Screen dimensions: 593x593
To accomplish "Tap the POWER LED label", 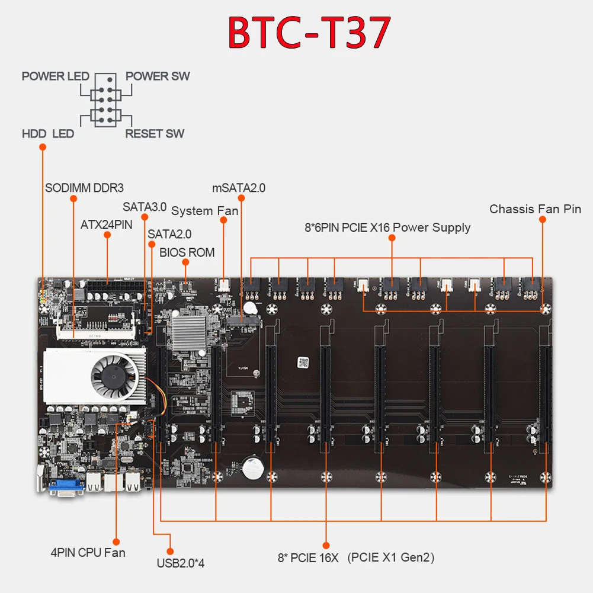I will (x=55, y=76).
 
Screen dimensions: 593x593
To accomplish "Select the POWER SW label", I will (x=158, y=76).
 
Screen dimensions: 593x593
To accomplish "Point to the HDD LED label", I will (x=48, y=134).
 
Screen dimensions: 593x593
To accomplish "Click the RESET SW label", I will (x=155, y=134).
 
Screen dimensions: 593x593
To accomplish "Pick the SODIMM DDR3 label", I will (x=84, y=188).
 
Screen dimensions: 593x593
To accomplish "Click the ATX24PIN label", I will (x=107, y=225).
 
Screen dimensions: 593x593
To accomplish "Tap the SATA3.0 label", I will (x=145, y=207).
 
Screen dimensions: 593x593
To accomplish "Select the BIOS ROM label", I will (x=187, y=252).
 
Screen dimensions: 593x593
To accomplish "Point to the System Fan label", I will (x=204, y=211).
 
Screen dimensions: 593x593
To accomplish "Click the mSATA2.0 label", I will (x=239, y=188).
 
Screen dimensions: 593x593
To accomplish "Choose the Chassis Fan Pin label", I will (x=535, y=209).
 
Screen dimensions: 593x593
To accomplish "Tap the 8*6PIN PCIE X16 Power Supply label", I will (x=387, y=227).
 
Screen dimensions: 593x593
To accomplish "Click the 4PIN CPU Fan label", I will (x=88, y=553).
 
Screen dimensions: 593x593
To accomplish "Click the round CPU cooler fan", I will (x=114, y=376).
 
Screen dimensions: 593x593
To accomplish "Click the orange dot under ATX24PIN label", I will (x=107, y=235).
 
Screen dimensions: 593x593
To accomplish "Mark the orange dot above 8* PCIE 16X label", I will (x=326, y=544).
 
